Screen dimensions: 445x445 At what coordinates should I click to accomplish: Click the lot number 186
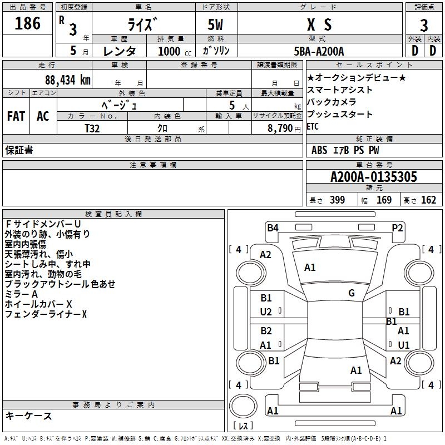point(27,23)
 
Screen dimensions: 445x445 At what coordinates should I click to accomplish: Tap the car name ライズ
point(144,25)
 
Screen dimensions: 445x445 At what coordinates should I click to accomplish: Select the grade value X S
point(319,25)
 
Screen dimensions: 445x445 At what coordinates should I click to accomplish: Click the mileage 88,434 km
point(68,80)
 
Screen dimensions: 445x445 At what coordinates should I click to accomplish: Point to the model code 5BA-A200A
point(319,51)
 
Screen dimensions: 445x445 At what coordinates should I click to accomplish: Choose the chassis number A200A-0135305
point(374,177)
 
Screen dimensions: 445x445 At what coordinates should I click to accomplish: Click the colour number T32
point(92,127)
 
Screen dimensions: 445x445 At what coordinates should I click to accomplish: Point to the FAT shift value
point(16,116)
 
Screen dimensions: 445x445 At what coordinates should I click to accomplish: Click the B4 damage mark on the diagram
point(273,227)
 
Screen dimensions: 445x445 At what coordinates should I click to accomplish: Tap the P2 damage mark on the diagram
point(397,227)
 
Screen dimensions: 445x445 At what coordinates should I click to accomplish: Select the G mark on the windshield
point(352,293)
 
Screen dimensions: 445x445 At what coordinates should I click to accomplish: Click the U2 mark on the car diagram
point(266,312)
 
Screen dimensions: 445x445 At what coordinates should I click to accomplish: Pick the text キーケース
point(28,416)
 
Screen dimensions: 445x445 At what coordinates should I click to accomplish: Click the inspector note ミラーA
point(21,294)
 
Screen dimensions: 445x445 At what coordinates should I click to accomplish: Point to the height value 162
point(428,200)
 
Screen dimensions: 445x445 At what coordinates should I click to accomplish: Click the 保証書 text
point(19,150)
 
